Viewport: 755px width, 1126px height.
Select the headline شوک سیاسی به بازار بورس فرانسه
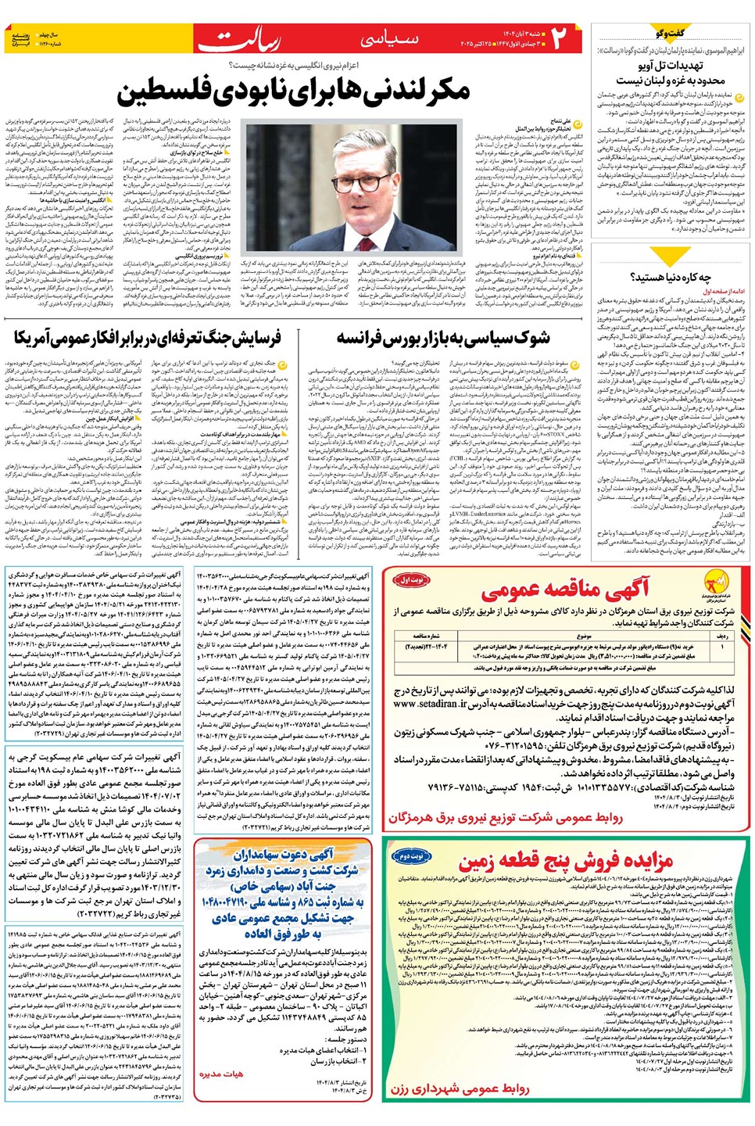[442, 338]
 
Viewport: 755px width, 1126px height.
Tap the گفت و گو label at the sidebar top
[671, 33]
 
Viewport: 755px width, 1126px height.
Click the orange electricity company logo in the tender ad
[716, 585]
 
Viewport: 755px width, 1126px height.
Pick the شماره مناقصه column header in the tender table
[427, 636]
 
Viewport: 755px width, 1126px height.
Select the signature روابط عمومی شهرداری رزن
[460, 1088]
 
